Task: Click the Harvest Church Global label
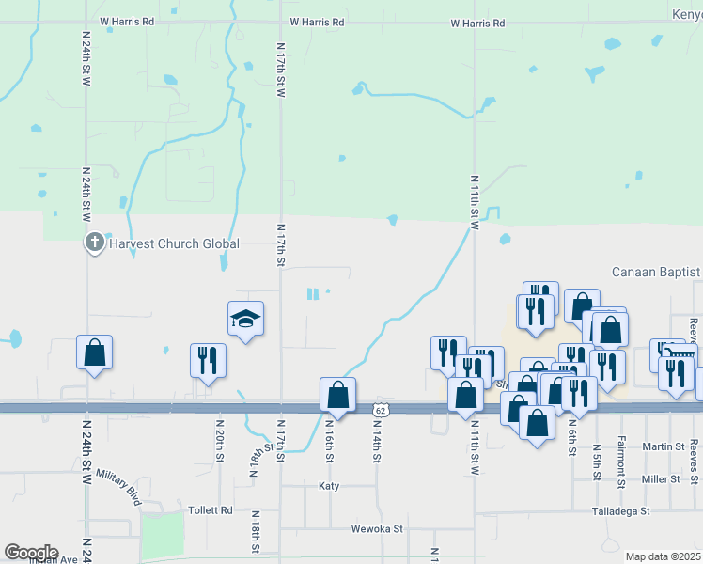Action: coord(174,243)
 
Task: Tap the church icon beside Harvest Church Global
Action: coord(94,243)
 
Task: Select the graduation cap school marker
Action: coord(245,320)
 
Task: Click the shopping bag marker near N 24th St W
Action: coord(94,353)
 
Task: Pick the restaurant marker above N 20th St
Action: coord(208,360)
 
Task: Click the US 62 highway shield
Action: coord(380,410)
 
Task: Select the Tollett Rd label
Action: coord(213,510)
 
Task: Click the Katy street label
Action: coord(329,486)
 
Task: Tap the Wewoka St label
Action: coord(377,528)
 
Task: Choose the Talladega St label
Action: coord(619,511)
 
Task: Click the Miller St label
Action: coord(661,479)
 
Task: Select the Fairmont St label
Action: coord(621,467)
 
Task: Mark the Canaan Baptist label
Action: coord(656,273)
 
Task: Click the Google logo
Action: coord(31,552)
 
